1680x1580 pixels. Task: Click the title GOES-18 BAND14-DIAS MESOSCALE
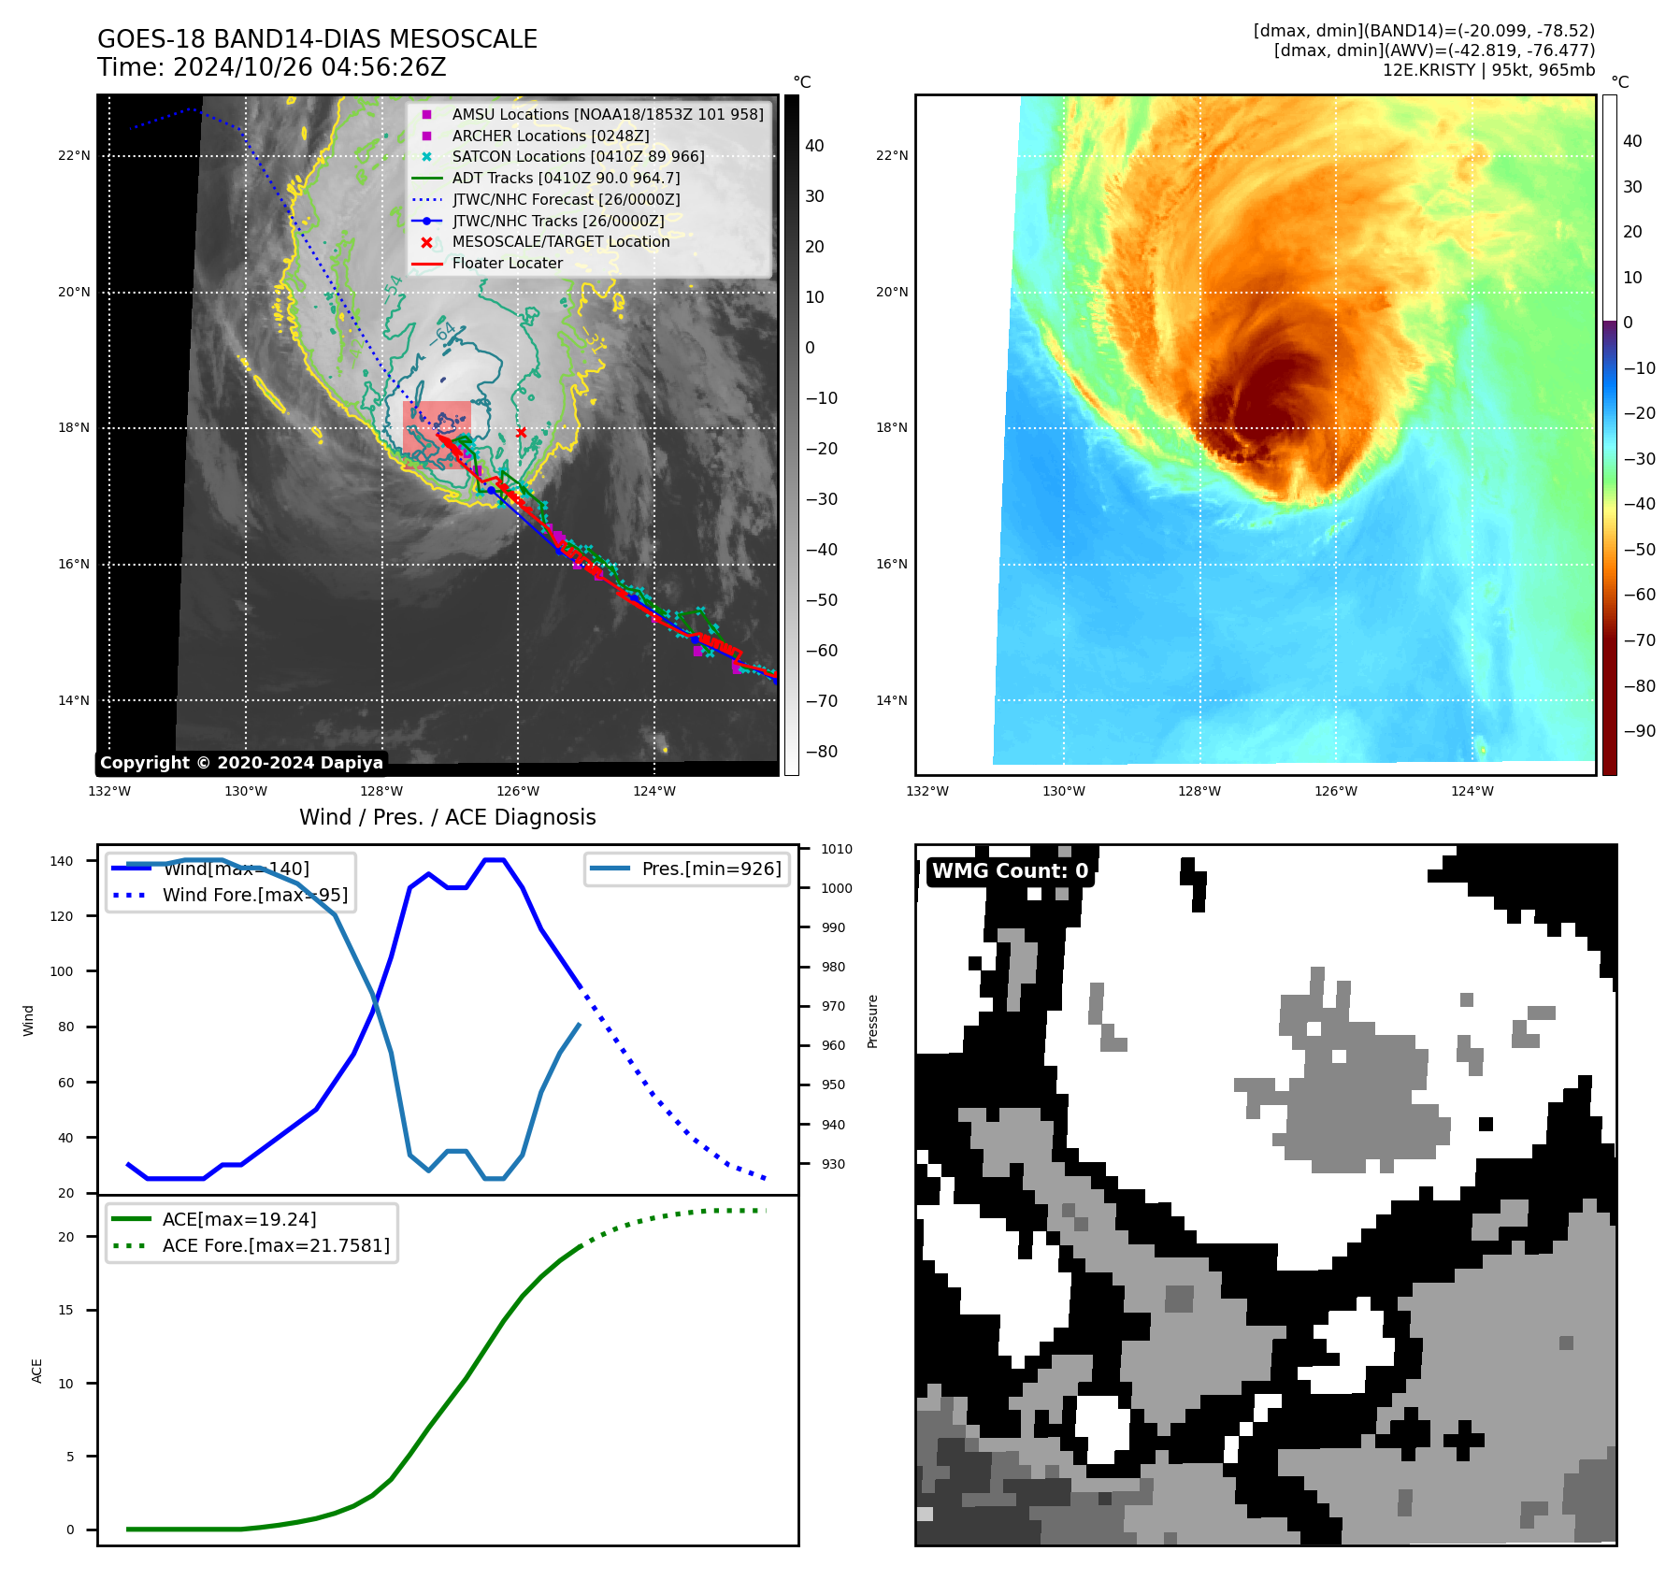coord(317,39)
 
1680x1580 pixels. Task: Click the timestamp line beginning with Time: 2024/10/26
coord(271,67)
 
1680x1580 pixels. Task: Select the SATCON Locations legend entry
coord(578,156)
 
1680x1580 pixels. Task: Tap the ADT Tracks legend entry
coord(566,178)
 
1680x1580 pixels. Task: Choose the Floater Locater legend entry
coord(507,263)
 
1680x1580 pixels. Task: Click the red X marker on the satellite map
coord(521,432)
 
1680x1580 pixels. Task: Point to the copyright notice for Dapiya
coord(241,763)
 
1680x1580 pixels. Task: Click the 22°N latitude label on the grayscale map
coord(74,155)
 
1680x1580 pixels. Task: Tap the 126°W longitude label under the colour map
coord(1335,791)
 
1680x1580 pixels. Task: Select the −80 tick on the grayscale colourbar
coord(822,751)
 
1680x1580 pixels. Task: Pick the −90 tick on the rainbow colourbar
coord(1639,731)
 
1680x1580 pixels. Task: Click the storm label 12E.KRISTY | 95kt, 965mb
coord(1488,70)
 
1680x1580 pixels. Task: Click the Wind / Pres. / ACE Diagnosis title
coord(447,817)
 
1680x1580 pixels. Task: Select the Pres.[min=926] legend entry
coord(711,869)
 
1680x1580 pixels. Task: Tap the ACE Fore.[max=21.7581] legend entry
coord(276,1245)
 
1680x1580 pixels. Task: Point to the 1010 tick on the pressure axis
coord(837,849)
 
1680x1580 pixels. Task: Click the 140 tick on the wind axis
coord(62,861)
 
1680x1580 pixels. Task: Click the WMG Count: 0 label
coord(1010,870)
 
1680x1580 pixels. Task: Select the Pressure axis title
coord(872,1021)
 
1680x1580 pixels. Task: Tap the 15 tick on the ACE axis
coord(65,1310)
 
